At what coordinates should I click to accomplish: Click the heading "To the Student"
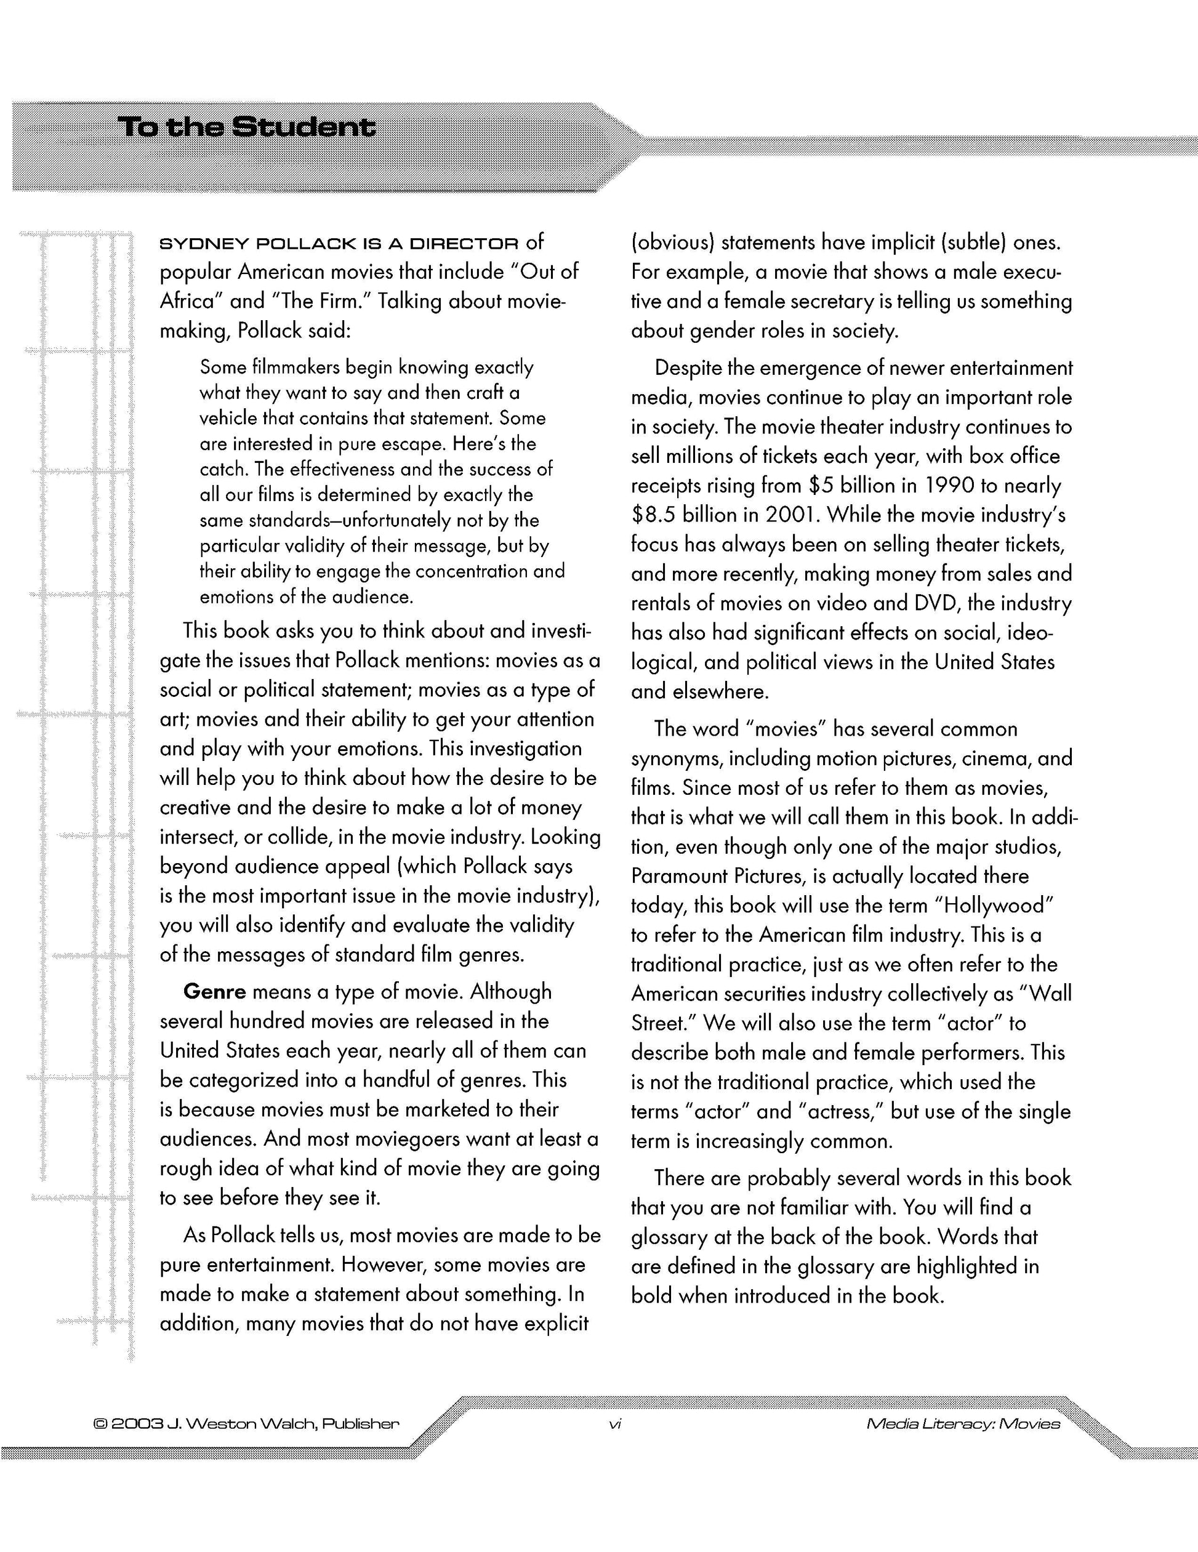pyautogui.click(x=247, y=128)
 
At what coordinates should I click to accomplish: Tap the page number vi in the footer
pyautogui.click(x=616, y=1423)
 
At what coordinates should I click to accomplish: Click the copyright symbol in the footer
pyautogui.click(x=100, y=1424)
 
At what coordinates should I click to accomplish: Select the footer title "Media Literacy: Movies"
pyautogui.click(x=963, y=1424)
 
